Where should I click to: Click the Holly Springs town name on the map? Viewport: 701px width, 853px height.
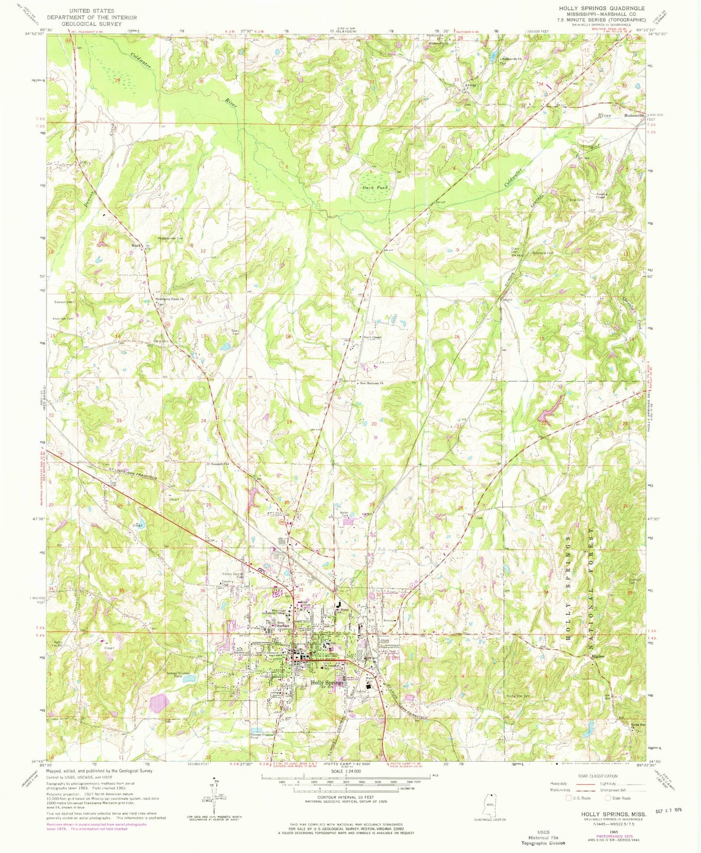point(327,682)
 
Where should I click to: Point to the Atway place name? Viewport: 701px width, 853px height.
point(471,85)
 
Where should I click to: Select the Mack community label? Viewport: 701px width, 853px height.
point(136,246)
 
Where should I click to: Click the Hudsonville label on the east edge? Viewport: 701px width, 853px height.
point(634,116)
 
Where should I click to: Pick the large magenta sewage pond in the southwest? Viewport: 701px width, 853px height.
point(160,703)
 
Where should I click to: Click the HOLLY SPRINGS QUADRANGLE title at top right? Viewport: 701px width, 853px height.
point(602,8)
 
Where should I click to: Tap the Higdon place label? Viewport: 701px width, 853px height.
point(598,656)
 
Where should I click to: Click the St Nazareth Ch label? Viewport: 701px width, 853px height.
point(217,463)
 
